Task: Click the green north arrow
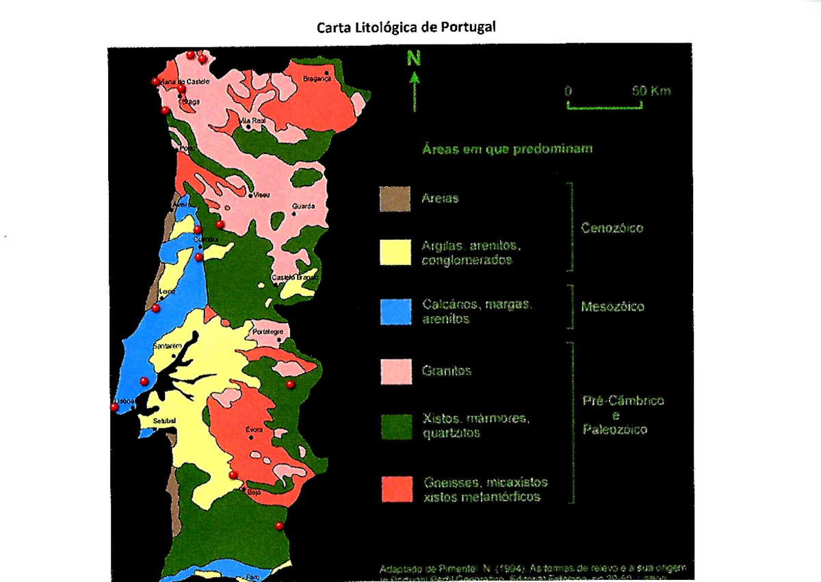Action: [x=414, y=82]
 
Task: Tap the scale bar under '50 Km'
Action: [x=604, y=105]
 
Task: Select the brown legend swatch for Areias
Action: [x=395, y=199]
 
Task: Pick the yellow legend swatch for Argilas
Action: [x=395, y=252]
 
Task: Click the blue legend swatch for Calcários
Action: [x=395, y=311]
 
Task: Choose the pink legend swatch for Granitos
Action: [x=395, y=371]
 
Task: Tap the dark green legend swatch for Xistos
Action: [x=395, y=427]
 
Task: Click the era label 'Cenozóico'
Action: [x=612, y=228]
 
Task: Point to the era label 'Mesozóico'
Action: [x=612, y=307]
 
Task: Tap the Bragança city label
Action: [x=316, y=79]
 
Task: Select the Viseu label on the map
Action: [x=261, y=195]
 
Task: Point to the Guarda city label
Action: [x=303, y=205]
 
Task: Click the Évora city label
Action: [x=254, y=430]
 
